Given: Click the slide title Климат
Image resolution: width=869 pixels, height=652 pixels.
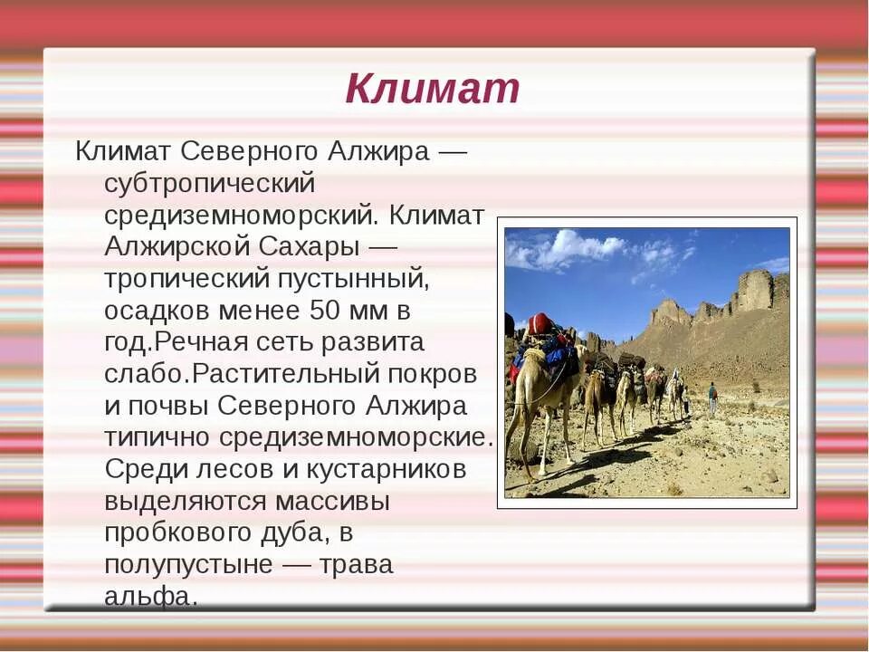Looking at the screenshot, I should coord(433,89).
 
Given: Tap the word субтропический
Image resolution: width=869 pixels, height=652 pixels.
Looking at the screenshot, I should coord(209,183).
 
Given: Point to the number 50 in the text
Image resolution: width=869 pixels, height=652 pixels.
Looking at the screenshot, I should coord(327,311).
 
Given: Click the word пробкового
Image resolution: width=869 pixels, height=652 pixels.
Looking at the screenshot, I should coord(185,533).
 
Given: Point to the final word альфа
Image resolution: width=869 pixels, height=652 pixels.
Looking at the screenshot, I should coord(149,597).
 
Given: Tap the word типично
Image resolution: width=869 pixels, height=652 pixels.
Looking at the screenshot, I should coord(158,437).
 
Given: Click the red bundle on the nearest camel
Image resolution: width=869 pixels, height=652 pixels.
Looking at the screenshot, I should coord(540,323).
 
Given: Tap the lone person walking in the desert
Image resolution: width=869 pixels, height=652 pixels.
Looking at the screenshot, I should coord(712,397).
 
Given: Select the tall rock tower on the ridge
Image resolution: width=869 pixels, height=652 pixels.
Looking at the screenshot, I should coord(754,290).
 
